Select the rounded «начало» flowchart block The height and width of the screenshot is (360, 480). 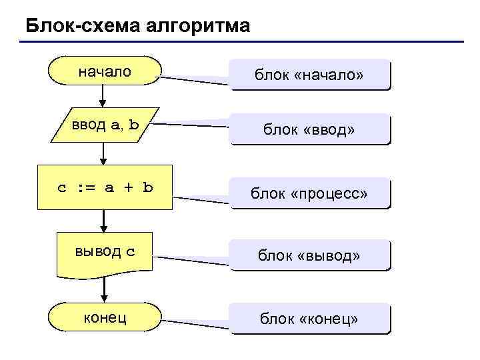[x=105, y=71]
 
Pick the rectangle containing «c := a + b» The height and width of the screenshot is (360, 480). [x=105, y=187]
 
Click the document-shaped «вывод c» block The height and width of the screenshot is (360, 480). [x=105, y=253]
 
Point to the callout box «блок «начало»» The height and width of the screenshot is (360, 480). [x=309, y=75]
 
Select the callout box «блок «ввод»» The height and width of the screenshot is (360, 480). [x=309, y=129]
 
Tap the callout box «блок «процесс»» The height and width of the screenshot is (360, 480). [x=309, y=193]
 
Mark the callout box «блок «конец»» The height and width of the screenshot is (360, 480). [x=309, y=319]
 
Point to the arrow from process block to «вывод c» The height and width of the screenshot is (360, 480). [x=103, y=220]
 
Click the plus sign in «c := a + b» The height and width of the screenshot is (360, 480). [x=128, y=187]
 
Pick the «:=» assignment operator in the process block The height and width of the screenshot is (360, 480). [x=85, y=187]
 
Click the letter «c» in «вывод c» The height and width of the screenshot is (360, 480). [x=130, y=251]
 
